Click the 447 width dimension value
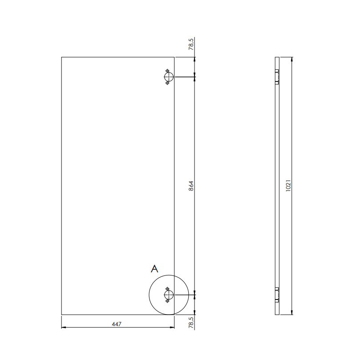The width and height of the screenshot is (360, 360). coord(117,324)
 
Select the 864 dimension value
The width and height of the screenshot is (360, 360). coord(191,186)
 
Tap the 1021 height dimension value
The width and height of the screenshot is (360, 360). coord(288,186)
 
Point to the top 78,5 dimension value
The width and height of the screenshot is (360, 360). coord(191,44)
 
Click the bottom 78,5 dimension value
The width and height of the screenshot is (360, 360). coord(191,322)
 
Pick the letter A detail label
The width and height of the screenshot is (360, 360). coord(154,269)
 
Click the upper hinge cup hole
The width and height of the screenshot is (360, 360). coord(169,77)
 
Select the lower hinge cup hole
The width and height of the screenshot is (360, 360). coord(169,295)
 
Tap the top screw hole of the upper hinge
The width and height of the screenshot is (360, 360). coord(167,70)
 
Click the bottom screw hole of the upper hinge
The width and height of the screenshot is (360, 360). coord(167,83)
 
